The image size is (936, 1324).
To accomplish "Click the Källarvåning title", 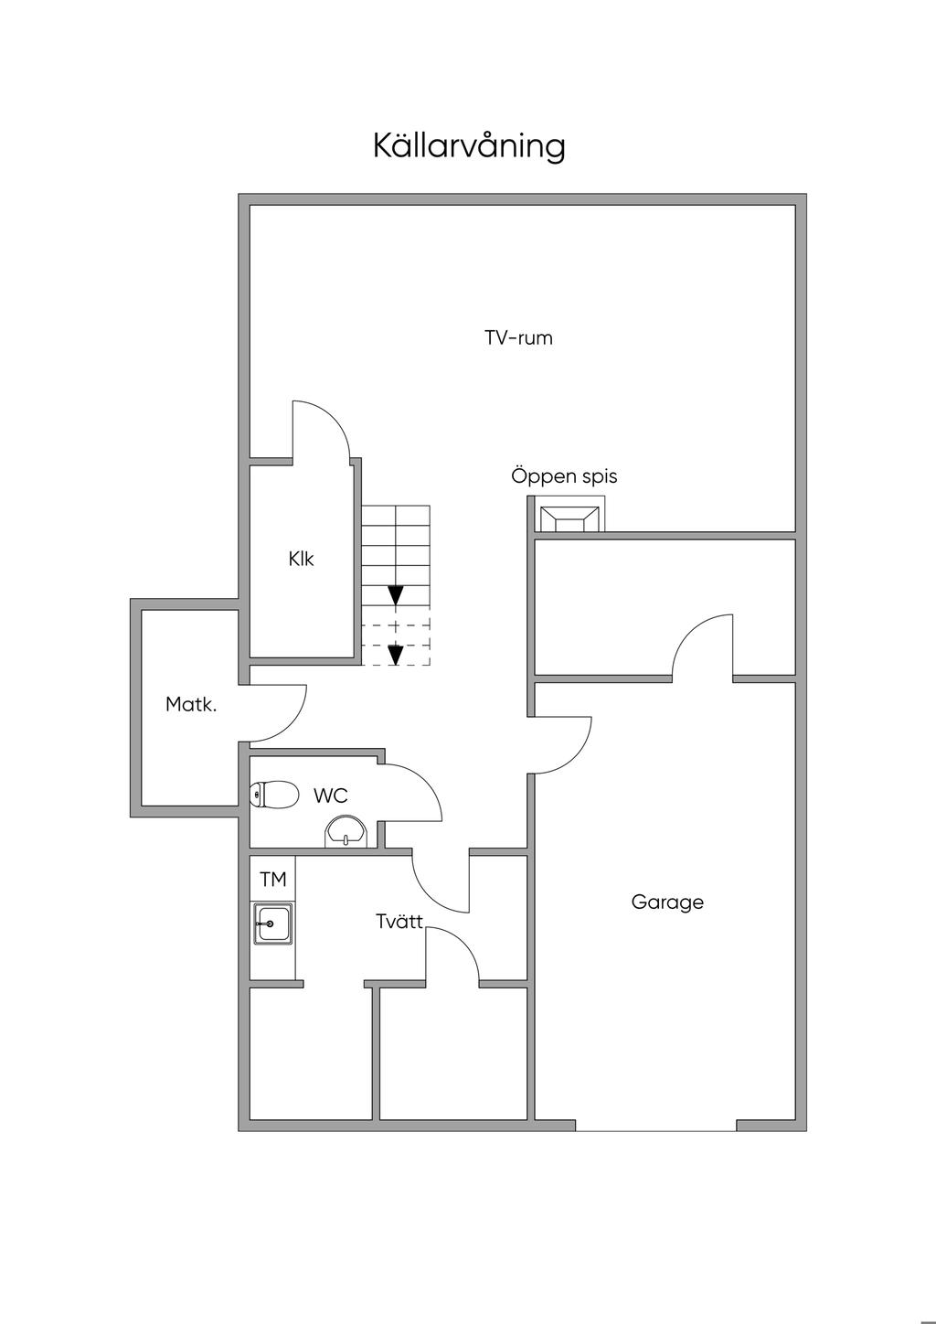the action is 469,145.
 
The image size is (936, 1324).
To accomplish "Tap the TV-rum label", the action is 519,338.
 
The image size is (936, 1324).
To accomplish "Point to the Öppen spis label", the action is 564,475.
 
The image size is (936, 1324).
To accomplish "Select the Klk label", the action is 301,559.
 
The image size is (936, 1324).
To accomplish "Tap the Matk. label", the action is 191,704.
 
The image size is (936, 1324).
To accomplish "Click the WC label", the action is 330,796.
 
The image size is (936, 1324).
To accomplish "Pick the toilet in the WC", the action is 273,795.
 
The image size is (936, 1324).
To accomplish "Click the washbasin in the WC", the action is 346,831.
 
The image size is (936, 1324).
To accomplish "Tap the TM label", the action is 273,880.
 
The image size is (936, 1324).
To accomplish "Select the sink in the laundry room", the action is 272,924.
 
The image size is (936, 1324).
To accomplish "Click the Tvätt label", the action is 399,922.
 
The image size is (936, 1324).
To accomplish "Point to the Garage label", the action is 667,902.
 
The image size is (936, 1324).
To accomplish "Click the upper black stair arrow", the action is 395,594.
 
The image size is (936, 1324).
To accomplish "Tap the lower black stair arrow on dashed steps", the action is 395,655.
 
